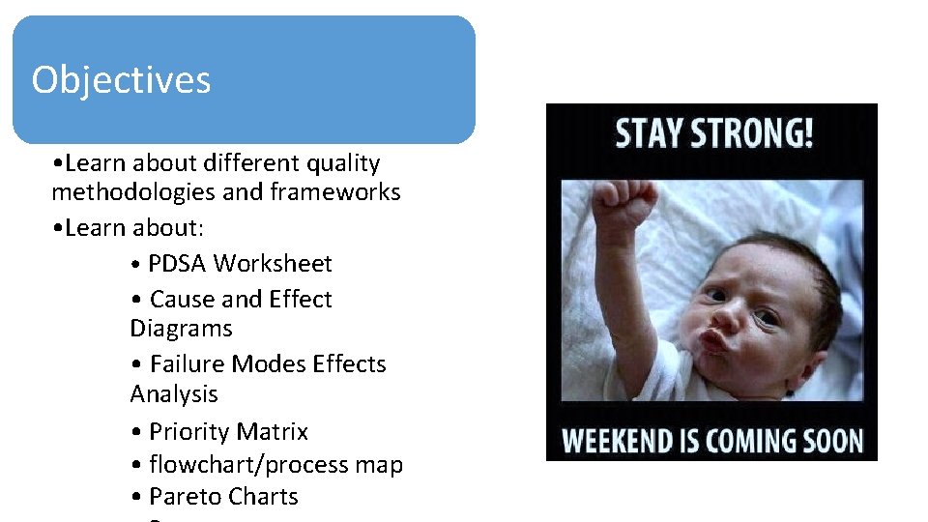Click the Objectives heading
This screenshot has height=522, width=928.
(121, 79)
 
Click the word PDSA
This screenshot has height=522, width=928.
(178, 264)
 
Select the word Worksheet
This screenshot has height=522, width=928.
(274, 264)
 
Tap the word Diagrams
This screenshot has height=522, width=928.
(181, 329)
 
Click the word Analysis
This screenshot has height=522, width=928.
(174, 394)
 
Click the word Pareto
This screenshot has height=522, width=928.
(184, 497)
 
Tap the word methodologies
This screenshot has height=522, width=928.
(133, 192)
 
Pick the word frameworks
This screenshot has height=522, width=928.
(335, 192)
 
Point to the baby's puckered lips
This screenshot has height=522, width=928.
(712, 340)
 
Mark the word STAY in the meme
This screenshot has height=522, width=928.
(652, 133)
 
